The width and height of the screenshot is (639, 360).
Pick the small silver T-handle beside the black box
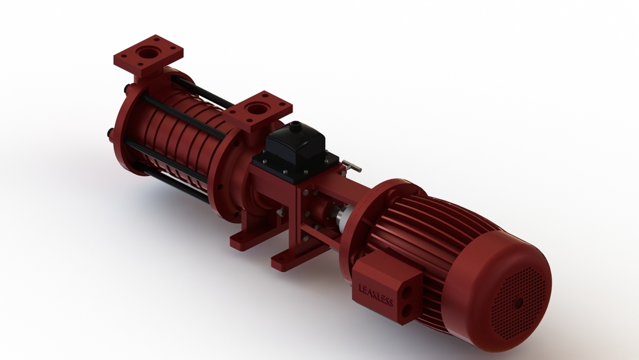[x=351, y=166]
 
